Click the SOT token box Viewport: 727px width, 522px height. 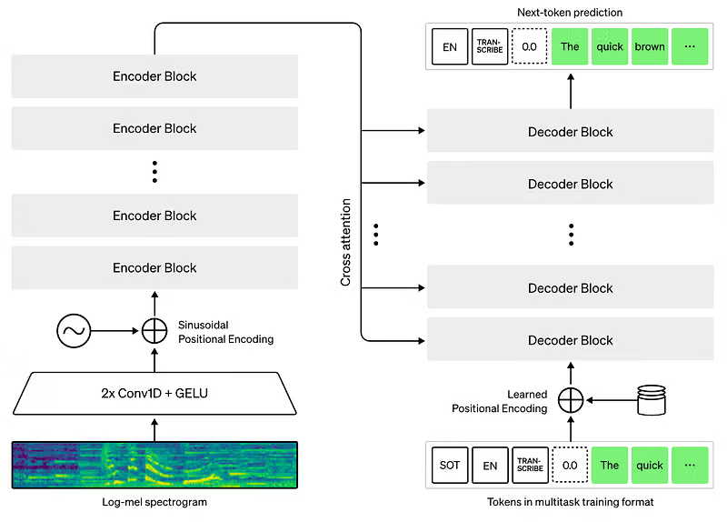point(450,465)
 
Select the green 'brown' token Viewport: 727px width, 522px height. point(650,46)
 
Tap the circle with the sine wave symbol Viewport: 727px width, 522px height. point(74,331)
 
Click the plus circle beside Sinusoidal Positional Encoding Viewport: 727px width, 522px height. point(154,331)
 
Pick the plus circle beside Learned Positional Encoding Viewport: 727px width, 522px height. point(571,400)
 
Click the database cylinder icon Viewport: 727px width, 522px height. point(652,399)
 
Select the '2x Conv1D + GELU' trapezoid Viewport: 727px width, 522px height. point(154,393)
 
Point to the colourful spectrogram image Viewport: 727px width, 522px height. point(154,465)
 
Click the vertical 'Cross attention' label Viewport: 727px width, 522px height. point(345,242)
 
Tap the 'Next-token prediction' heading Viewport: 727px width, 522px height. point(570,13)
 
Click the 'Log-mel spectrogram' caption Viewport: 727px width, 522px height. point(154,502)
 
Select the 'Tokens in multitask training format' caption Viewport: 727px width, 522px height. point(571,502)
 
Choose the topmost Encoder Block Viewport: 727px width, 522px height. point(154,76)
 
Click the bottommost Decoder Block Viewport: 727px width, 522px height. point(571,340)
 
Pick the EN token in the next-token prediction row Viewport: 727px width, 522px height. point(450,46)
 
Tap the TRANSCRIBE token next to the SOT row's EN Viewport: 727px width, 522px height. point(530,465)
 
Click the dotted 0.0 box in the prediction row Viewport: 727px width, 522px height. point(529,46)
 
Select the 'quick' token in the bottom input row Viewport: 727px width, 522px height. point(650,465)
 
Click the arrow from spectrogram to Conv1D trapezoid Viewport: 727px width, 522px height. point(154,429)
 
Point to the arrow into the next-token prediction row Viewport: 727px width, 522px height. point(571,91)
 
